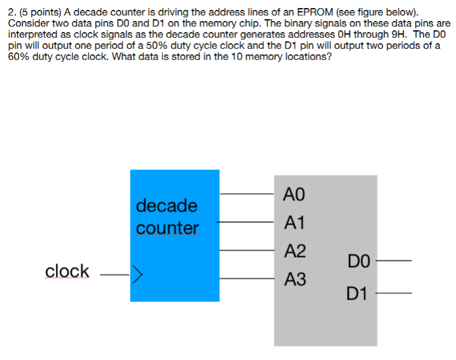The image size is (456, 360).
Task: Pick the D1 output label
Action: point(358,293)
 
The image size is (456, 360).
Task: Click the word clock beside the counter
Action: point(67,271)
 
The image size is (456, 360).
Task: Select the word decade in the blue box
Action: point(166,205)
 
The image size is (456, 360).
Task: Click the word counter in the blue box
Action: point(167,227)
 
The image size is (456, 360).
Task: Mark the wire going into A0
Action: point(246,193)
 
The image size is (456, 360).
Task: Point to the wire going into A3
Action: point(246,279)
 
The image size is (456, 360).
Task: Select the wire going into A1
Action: point(246,221)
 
